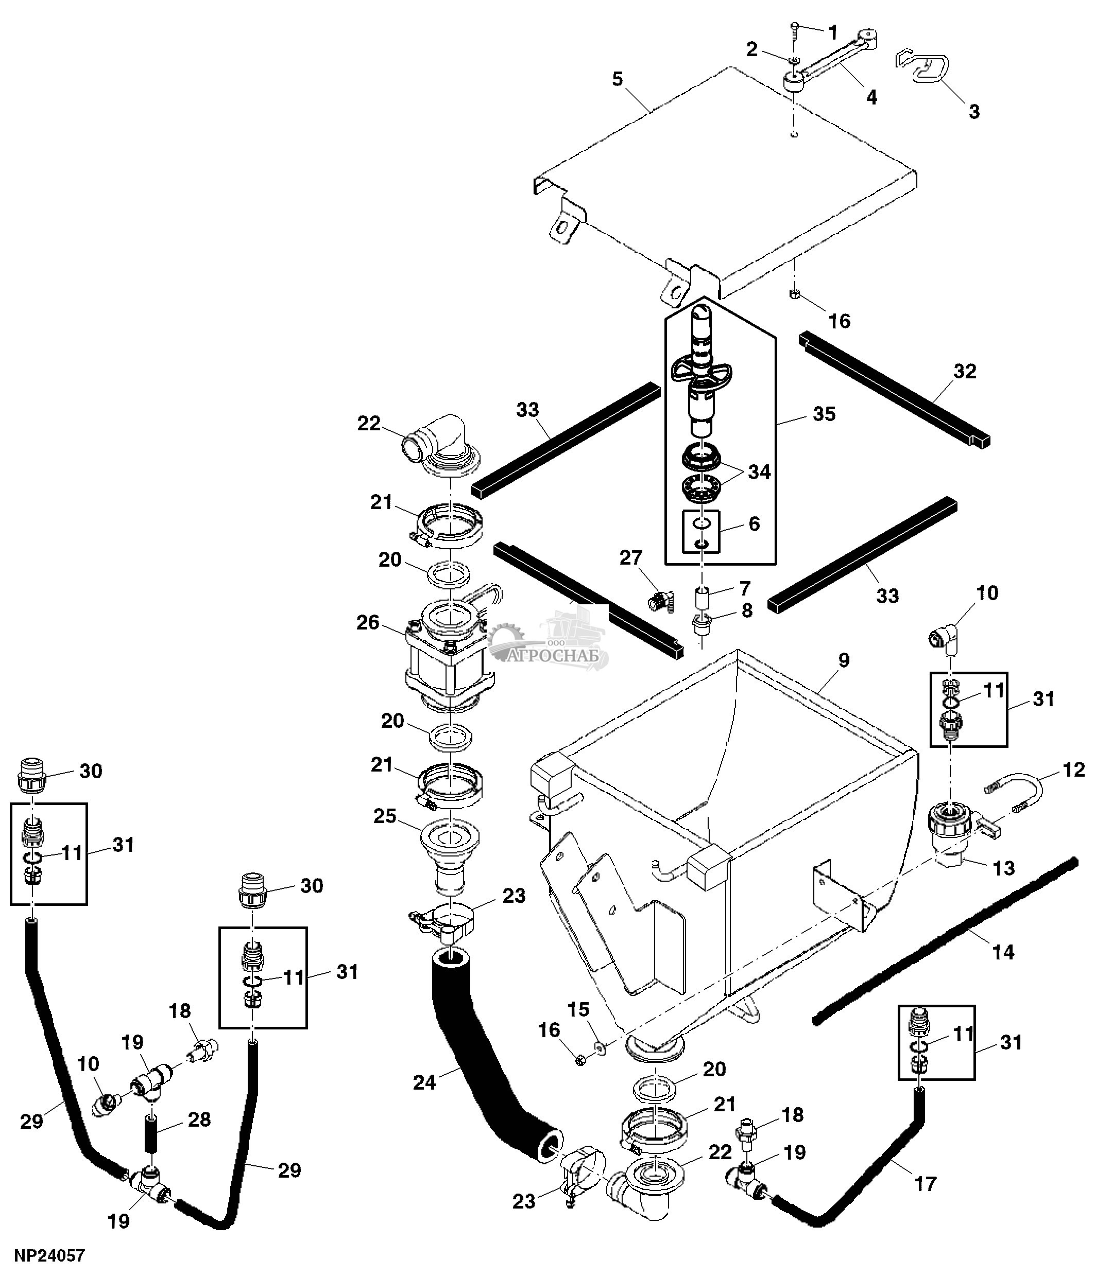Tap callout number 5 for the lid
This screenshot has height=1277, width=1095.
617,79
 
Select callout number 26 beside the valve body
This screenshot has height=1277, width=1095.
368,622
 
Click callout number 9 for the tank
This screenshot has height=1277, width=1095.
844,660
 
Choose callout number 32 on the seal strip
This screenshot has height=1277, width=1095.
964,371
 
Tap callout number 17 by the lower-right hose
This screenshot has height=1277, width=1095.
926,1184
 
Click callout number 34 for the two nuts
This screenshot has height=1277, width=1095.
759,472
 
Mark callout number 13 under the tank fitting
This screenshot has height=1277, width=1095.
1004,868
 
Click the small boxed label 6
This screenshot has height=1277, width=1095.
754,524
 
